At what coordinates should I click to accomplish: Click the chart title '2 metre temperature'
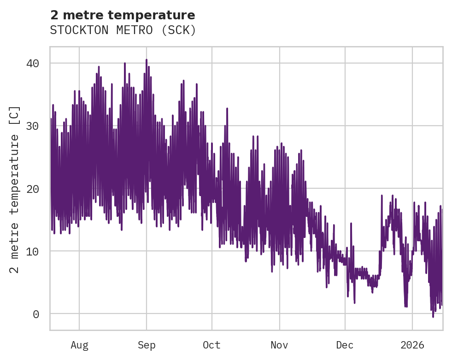123,15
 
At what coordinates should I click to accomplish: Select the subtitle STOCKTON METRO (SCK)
123,30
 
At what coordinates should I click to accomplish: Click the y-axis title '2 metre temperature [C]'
15,189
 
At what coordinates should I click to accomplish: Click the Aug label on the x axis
79,345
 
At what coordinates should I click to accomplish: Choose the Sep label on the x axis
147,345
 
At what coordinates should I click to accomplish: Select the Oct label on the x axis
212,345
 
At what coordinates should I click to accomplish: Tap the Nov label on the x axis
279,345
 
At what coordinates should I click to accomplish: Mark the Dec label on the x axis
345,345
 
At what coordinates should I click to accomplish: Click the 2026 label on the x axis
412,345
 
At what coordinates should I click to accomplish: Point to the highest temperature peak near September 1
147,60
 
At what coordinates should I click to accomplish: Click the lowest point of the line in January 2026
433,316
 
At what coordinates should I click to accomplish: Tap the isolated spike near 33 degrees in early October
227,109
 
